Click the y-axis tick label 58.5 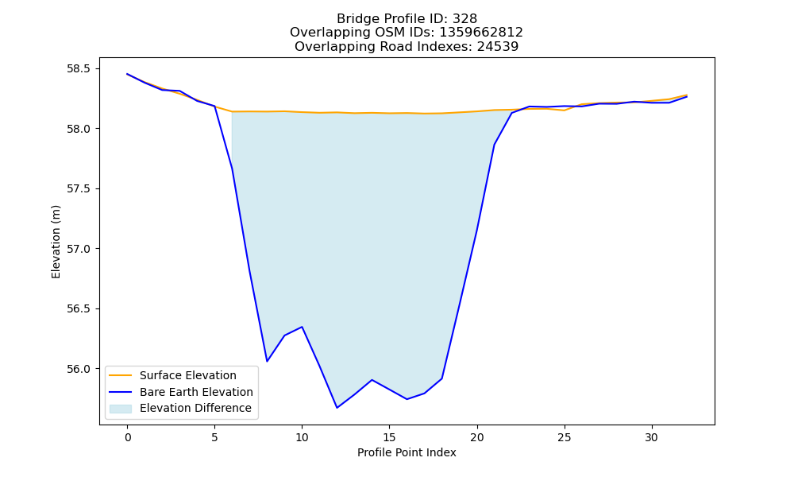[83, 68]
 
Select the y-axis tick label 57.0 [83, 249]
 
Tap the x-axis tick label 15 [389, 437]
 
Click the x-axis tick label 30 [651, 437]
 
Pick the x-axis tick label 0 [127, 437]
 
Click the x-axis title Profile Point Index [407, 452]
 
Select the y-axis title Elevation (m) [56, 242]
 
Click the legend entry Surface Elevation [188, 375]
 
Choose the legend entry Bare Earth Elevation [196, 392]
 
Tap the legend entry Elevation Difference [195, 408]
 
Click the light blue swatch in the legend [121, 409]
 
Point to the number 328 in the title [464, 19]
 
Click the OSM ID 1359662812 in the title [481, 33]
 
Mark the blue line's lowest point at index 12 [337, 408]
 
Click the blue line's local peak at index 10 [302, 327]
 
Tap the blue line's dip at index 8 [267, 361]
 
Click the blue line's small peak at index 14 [372, 380]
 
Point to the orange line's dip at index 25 [564, 110]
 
